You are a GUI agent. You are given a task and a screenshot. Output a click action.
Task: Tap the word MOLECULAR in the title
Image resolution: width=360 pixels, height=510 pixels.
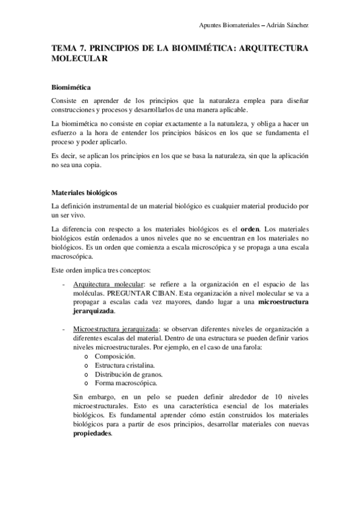[x=79, y=59]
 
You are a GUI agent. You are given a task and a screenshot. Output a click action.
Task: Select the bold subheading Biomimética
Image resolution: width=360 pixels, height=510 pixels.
[x=72, y=87]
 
